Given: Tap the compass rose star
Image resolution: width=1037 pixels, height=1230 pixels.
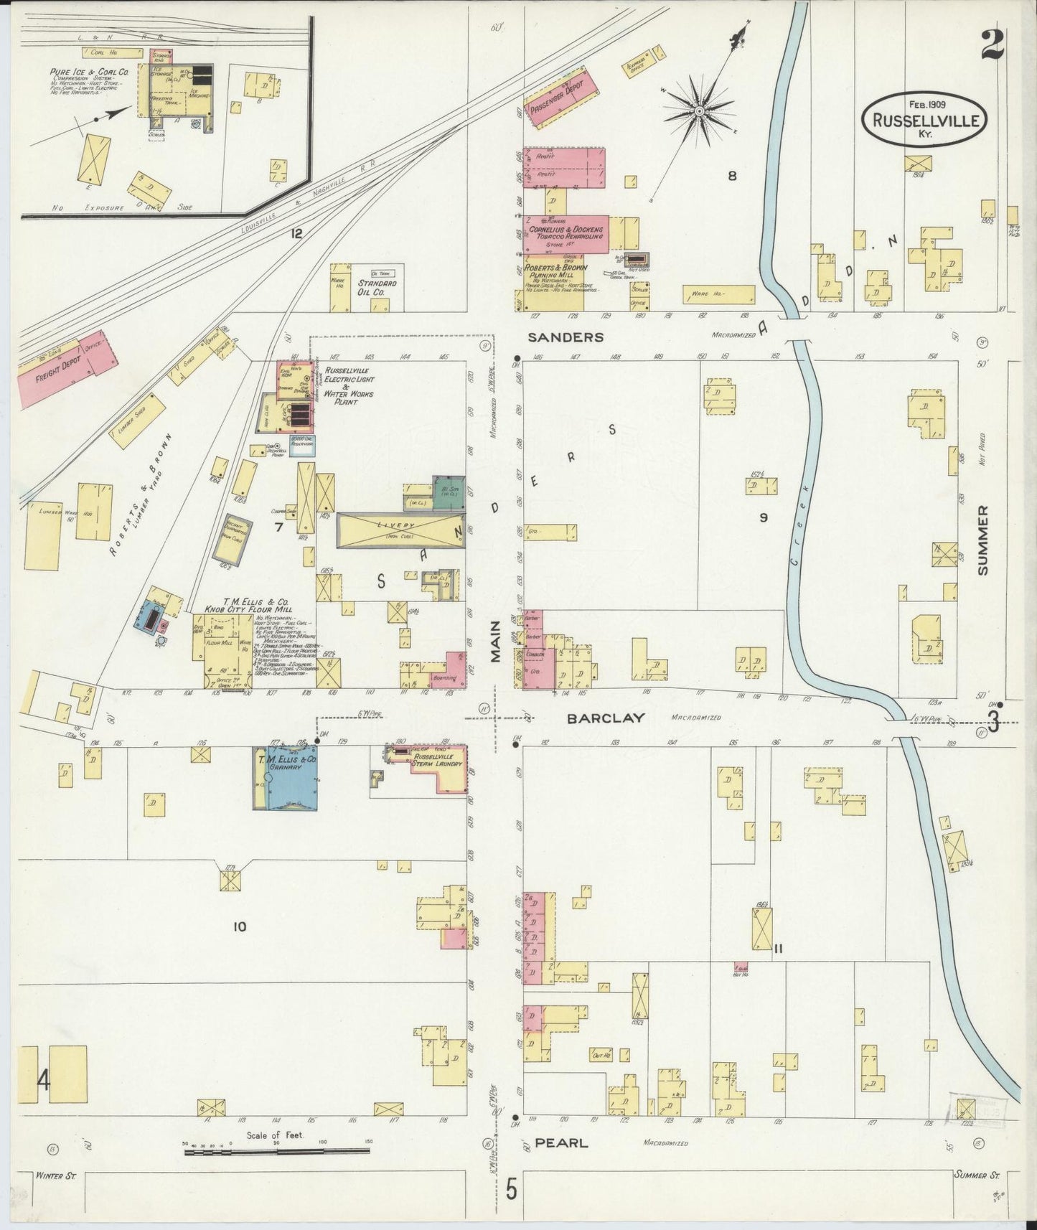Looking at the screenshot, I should click(698, 111).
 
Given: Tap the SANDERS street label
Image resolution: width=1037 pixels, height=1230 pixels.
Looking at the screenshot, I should click(566, 337).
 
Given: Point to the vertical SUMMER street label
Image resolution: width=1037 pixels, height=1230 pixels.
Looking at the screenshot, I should click(982, 540).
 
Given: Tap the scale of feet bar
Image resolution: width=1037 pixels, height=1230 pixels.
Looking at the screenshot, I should click(276, 1152).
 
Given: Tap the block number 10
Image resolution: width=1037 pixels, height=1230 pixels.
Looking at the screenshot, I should click(239, 926).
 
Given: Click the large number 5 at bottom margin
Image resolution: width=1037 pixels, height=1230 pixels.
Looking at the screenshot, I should click(510, 1190).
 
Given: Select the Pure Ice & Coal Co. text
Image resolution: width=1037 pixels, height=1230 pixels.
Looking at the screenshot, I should click(89, 72).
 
